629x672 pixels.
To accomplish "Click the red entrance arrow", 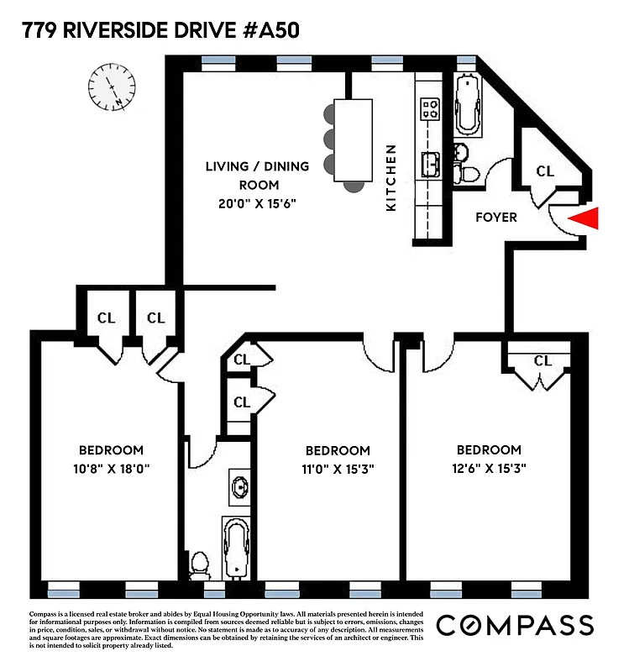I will click(584, 219).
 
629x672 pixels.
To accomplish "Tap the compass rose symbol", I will click(112, 86).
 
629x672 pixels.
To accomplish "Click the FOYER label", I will click(495, 218).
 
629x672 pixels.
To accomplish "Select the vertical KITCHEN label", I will click(391, 177).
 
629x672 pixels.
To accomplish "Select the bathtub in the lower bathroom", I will click(238, 549).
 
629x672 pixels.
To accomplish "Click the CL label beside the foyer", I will click(545, 171).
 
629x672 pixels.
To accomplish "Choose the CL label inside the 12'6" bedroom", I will click(543, 360).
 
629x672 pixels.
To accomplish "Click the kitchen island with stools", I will click(353, 139).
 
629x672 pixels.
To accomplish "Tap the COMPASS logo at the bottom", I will click(515, 625).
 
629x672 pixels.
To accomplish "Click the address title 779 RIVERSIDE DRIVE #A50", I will click(160, 31).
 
